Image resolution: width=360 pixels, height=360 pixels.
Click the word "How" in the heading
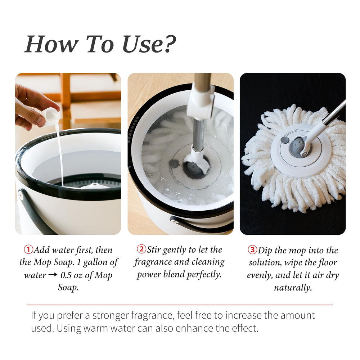pyautogui.click(x=51, y=44)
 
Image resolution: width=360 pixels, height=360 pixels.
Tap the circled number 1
pyautogui.click(x=28, y=249)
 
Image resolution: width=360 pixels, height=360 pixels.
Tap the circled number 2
pyautogui.click(x=141, y=249)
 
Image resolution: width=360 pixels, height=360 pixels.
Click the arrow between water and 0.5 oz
pyautogui.click(x=53, y=274)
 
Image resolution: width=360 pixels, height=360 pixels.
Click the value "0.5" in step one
pyautogui.click(x=66, y=275)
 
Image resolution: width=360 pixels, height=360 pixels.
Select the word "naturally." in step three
pyautogui.click(x=293, y=287)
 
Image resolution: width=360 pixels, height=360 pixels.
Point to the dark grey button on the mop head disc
pyautogui.click(x=285, y=140)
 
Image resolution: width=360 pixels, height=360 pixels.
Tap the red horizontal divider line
pyautogui.click(x=180, y=305)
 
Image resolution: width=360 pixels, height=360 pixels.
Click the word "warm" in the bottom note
pyautogui.click(x=95, y=328)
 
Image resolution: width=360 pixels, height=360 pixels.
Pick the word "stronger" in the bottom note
pyautogui.click(x=111, y=316)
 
